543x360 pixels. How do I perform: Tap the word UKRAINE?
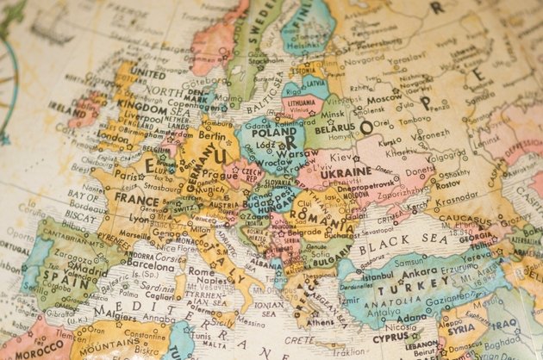[x=345, y=171]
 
